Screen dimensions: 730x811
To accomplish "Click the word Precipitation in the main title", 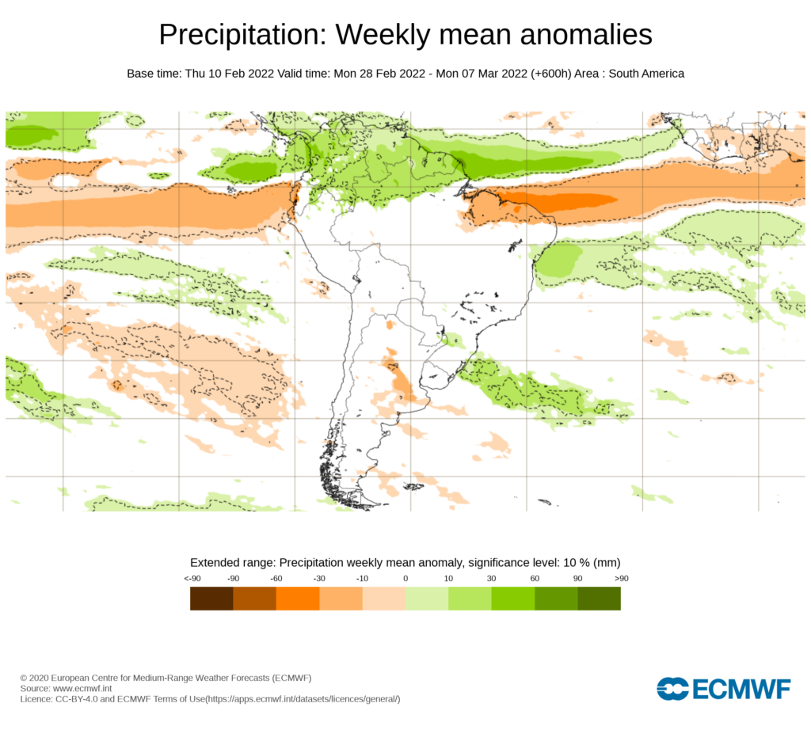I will coord(242,36).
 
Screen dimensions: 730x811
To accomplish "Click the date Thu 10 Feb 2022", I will coord(230,74).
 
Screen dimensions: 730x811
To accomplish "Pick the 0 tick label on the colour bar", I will coord(405,579).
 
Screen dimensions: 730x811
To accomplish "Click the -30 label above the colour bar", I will coord(319,579).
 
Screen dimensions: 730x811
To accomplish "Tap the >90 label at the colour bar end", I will coord(620,579).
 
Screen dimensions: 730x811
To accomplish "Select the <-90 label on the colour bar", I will coord(191,579).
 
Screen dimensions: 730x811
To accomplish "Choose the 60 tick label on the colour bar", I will coord(535,579).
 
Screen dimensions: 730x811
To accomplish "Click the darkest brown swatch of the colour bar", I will coord(211,599).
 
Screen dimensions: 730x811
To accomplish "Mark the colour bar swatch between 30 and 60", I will coord(512,599).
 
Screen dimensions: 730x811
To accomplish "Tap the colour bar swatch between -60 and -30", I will coord(297,599).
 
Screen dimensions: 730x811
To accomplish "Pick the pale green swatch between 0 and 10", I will coord(426,599).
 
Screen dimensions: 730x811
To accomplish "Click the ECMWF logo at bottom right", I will coord(723,689).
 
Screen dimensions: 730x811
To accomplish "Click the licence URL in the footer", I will coord(302,699).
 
